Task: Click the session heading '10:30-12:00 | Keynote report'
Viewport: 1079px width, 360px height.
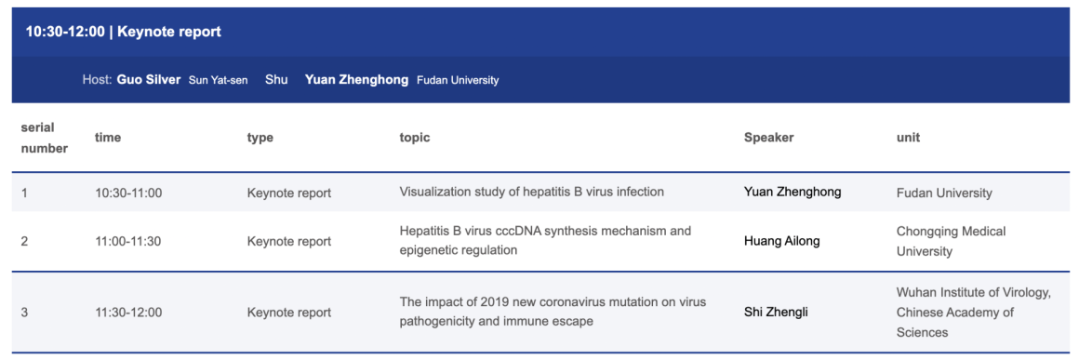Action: (x=123, y=33)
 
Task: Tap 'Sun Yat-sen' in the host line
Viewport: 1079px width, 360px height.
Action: (x=219, y=81)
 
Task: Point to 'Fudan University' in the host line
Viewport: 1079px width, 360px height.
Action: (x=458, y=81)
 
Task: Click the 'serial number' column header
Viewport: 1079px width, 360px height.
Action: (x=44, y=138)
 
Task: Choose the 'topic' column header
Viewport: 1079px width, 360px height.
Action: (x=414, y=138)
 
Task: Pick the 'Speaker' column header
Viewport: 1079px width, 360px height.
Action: (x=768, y=138)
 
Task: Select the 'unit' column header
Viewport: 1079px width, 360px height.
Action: (x=908, y=138)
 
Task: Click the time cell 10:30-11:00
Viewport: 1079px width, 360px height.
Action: (x=128, y=193)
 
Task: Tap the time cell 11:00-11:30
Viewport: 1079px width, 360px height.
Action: (x=128, y=242)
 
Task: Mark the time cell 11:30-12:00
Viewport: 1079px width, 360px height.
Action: (x=128, y=313)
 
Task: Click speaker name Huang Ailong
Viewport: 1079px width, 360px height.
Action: (x=781, y=241)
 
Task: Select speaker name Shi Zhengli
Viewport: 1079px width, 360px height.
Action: (x=776, y=313)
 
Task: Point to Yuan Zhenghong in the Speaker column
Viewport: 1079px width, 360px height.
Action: (x=793, y=192)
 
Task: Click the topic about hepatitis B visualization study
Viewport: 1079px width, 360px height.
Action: (x=531, y=192)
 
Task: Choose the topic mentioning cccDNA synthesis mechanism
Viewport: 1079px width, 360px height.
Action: (x=545, y=240)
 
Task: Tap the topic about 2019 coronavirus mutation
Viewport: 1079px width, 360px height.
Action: (x=553, y=311)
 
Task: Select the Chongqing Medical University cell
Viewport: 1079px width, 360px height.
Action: (x=951, y=241)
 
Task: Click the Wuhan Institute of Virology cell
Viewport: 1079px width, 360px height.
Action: (x=974, y=313)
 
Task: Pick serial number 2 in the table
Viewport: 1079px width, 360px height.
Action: (x=25, y=242)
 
